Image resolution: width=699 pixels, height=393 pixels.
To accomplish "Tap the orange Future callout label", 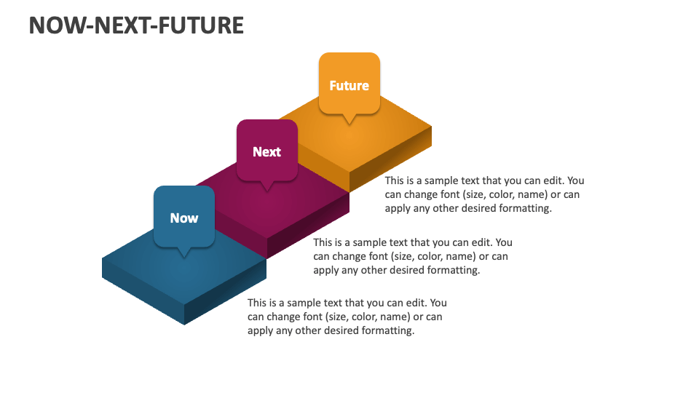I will click(x=349, y=84).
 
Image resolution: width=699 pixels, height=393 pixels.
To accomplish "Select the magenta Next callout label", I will click(x=266, y=151).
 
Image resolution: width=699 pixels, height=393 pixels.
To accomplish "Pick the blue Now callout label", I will click(x=184, y=217).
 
